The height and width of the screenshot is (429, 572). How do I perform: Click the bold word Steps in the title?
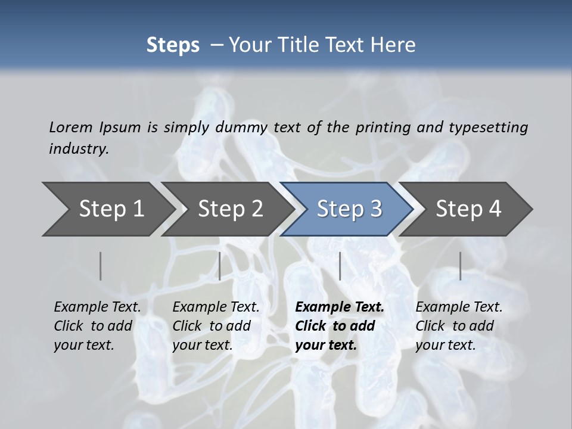pos(173,45)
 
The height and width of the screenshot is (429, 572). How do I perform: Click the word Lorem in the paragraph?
pos(71,128)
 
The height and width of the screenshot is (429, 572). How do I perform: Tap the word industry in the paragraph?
pos(79,149)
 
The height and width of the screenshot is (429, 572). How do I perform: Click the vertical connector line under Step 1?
pos(100,266)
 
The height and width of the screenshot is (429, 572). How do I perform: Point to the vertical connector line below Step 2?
pos(220,266)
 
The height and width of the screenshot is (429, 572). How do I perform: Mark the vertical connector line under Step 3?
pos(340,266)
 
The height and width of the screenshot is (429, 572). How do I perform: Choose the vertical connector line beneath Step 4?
pos(460,266)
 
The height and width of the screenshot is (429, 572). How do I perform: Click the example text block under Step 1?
pos(97,326)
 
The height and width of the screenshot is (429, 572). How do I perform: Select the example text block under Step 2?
pos(216,326)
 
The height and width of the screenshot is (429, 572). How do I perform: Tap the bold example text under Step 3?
pos(340,326)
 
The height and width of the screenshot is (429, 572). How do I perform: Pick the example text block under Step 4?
pos(459,326)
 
